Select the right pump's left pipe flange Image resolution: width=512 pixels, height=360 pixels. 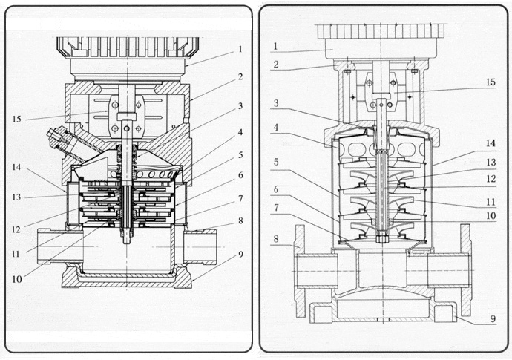tap(299, 269)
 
